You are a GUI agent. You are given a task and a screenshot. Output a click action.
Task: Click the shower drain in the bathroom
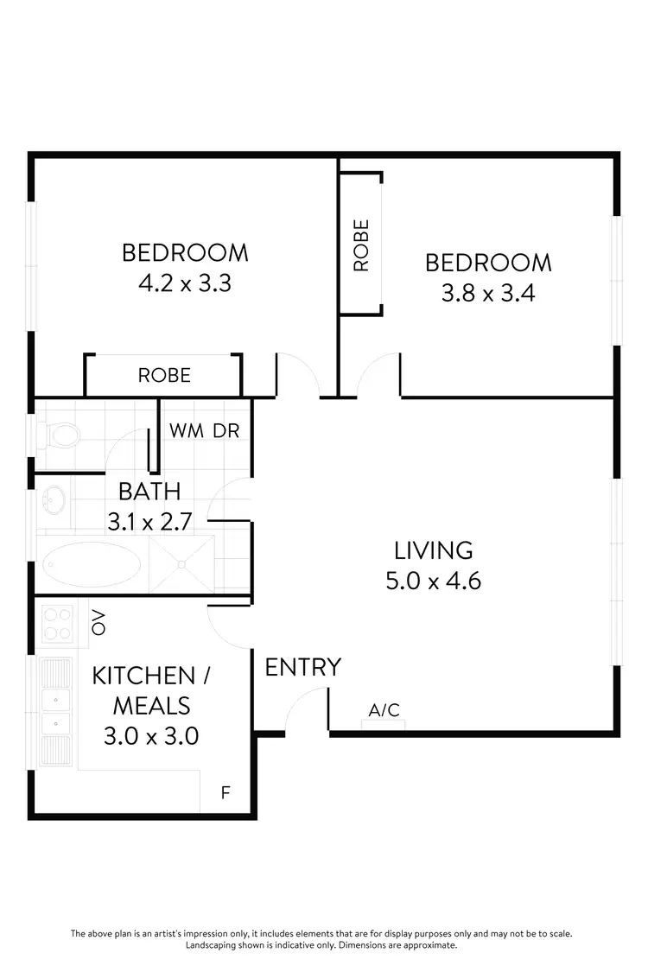click(181, 564)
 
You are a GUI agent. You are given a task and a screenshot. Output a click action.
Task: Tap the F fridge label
click(226, 791)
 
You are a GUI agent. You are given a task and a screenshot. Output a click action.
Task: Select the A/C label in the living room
click(384, 710)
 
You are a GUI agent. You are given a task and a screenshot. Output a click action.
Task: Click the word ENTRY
click(302, 667)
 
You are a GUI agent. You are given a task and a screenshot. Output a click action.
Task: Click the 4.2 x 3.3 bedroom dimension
click(185, 283)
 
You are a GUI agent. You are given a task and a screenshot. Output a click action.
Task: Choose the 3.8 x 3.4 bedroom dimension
click(488, 293)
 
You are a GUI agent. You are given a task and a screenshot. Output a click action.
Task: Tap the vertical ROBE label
click(361, 245)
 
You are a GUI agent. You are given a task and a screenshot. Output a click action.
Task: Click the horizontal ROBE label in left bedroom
click(164, 376)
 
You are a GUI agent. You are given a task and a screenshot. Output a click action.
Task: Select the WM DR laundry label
click(205, 430)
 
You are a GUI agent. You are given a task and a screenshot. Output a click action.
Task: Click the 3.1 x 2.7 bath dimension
click(149, 522)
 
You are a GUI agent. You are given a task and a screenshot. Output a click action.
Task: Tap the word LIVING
click(433, 550)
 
